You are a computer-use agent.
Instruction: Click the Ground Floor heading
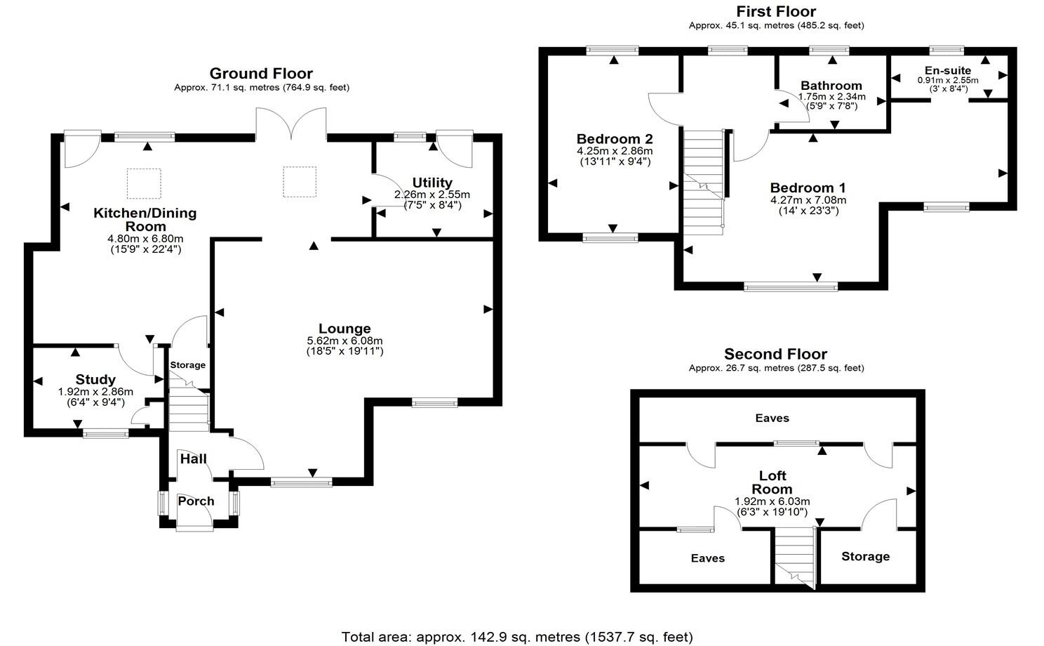click(x=261, y=74)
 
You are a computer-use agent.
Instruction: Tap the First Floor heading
click(x=776, y=11)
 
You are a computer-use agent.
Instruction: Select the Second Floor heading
click(x=775, y=354)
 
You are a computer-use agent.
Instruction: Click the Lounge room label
click(x=344, y=329)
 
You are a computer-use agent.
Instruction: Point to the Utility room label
click(x=432, y=183)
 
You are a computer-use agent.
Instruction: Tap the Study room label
click(x=95, y=381)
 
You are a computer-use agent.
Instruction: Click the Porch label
click(x=196, y=501)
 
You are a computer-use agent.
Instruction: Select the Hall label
click(x=194, y=459)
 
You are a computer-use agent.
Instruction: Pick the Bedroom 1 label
click(x=808, y=188)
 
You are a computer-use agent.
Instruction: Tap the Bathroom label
click(x=831, y=86)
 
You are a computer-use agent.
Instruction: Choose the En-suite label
click(x=948, y=70)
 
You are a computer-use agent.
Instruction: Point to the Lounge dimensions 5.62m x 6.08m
click(x=344, y=341)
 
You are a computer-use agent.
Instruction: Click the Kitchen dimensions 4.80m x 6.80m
click(x=145, y=239)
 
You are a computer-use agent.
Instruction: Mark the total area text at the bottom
click(x=517, y=637)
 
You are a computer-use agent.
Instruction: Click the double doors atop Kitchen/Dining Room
click(x=291, y=125)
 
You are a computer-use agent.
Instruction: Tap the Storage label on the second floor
click(x=865, y=556)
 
